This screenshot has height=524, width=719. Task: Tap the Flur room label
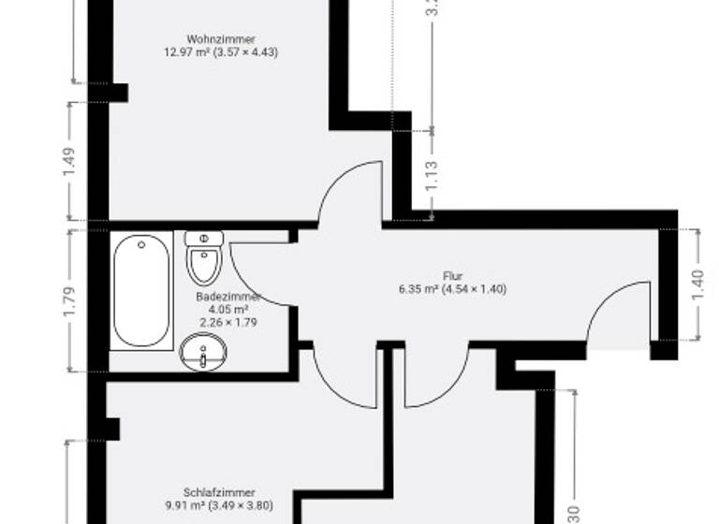tap(453, 276)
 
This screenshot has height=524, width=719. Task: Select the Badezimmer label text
tap(227, 297)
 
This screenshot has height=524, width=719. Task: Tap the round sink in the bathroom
tap(203, 354)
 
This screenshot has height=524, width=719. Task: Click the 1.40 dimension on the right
tap(697, 284)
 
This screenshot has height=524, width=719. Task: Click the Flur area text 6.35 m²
tap(418, 289)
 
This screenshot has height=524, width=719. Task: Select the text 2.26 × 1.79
tap(228, 322)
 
